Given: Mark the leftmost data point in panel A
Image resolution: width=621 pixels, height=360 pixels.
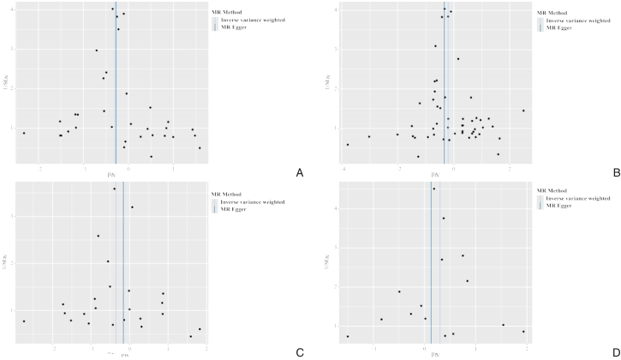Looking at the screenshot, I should [24, 133].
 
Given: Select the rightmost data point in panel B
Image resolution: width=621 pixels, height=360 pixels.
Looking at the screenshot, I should [523, 111].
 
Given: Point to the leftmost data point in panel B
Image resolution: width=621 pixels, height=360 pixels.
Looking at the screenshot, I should [347, 145].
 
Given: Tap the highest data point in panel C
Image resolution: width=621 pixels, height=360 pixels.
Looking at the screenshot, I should [114, 189].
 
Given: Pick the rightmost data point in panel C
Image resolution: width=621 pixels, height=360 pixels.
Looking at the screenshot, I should [200, 329].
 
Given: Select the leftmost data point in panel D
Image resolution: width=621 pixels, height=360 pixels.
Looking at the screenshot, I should [348, 336].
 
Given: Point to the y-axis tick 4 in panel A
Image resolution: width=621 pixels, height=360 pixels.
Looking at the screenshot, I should [11, 9].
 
